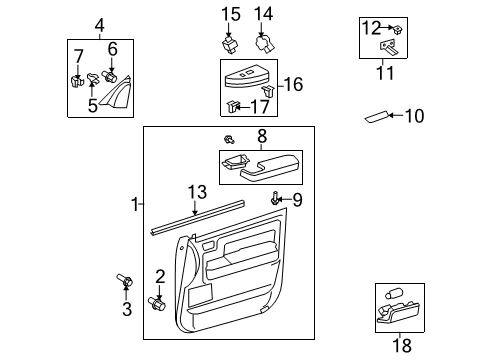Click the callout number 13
tap(197, 192)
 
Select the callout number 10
tap(413, 117)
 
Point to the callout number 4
tap(99, 25)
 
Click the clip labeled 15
tap(229, 44)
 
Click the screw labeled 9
tap(274, 201)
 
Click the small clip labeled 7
tap(76, 78)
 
